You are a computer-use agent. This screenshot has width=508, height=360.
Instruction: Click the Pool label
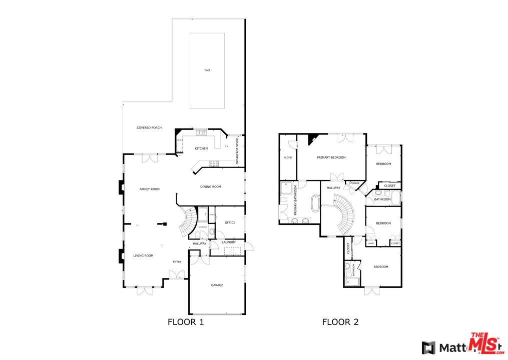[207, 70]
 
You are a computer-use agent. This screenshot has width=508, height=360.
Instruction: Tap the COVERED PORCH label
[149, 128]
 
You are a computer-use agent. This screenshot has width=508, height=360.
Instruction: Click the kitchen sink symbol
[201, 133]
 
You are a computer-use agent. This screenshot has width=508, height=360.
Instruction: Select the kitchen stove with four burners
[213, 163]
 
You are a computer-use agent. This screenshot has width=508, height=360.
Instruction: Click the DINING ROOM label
[210, 187]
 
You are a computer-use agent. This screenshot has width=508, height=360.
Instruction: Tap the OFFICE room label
[230, 223]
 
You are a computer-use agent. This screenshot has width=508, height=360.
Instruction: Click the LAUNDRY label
[229, 242]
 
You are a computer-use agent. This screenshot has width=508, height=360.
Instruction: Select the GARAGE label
[217, 285]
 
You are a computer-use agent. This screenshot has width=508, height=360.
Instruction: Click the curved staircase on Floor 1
[189, 222]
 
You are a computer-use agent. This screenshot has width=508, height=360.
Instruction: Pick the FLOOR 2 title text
[340, 322]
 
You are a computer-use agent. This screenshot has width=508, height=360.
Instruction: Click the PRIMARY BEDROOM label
[331, 157]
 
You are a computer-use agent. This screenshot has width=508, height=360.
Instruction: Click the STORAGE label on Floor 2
[354, 183]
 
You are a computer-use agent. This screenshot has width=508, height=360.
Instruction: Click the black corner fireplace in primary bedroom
[312, 138]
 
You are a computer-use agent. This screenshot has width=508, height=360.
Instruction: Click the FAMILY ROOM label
[149, 189]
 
